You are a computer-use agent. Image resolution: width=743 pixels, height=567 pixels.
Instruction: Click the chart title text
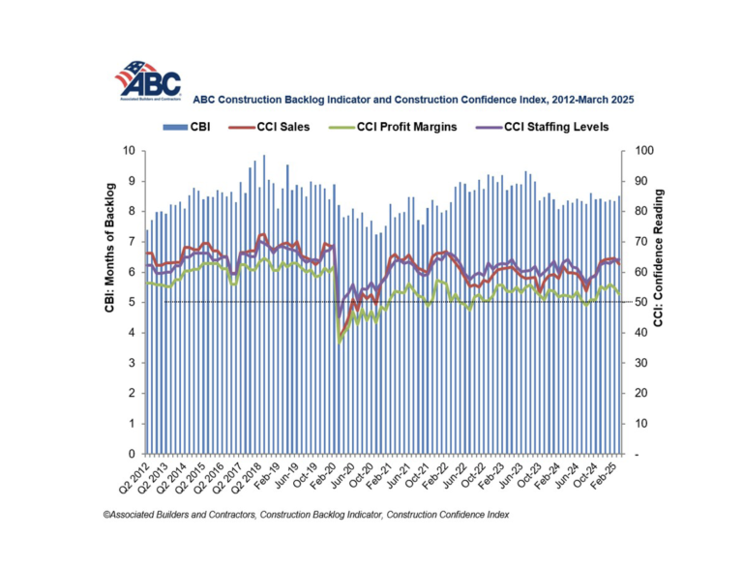coord(413,99)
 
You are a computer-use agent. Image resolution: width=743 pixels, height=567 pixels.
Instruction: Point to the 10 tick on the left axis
coord(133,151)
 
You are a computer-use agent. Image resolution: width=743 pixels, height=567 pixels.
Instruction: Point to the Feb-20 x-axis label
coord(324,477)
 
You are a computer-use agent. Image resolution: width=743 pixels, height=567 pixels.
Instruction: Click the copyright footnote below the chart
coord(306,515)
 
